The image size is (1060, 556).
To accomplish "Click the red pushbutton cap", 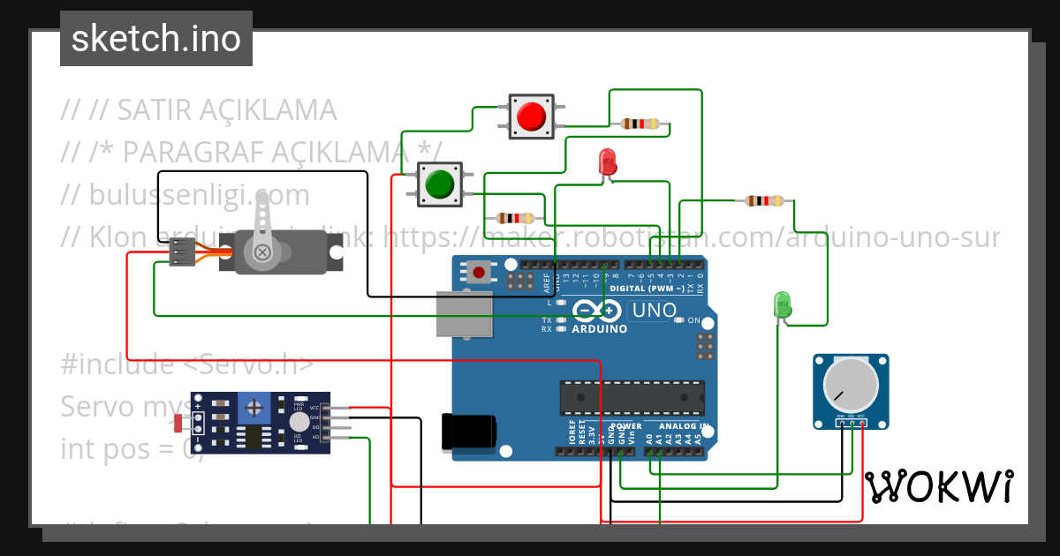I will point(531,116).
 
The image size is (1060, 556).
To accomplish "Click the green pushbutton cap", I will point(439,184).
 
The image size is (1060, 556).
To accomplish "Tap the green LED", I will point(782,305).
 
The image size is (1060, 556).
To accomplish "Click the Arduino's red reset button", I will point(479,272).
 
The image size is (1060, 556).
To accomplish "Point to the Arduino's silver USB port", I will point(464,314).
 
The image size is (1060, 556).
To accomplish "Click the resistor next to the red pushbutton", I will point(640,124).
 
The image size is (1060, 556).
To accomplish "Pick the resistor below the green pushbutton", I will point(515,218).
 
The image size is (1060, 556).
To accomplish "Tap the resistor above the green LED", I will point(763,201).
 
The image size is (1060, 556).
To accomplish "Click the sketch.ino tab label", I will point(156,39).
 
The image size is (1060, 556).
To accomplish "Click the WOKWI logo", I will point(938,486).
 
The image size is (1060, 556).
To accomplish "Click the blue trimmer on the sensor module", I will point(256,408).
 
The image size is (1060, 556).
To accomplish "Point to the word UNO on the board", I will point(655,311).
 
